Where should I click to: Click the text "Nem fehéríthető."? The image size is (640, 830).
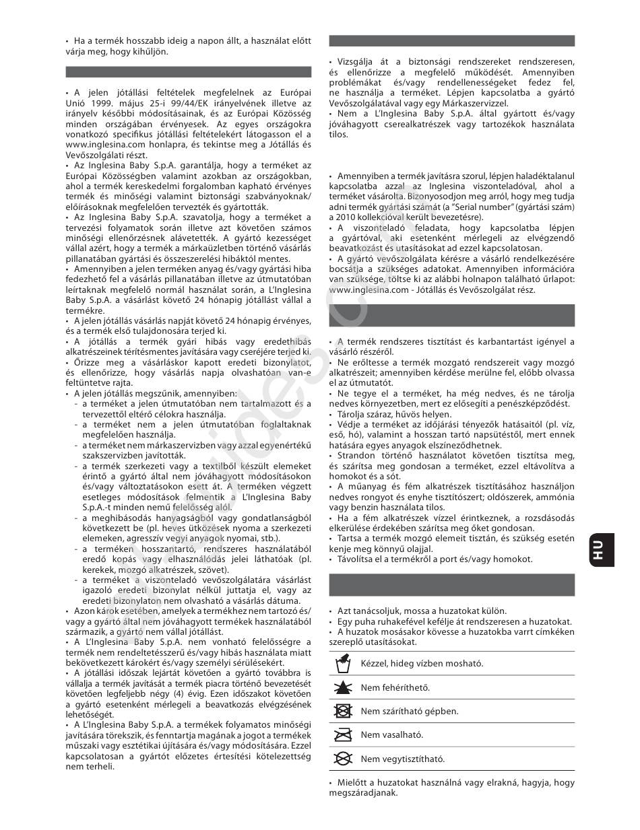coord(395,687)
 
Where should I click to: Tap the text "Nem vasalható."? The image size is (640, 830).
coord(392,735)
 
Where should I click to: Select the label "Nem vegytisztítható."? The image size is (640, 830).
coord(403,759)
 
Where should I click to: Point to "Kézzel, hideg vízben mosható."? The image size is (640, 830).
coord(422,663)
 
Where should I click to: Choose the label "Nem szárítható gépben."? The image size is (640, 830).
coord(410,711)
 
